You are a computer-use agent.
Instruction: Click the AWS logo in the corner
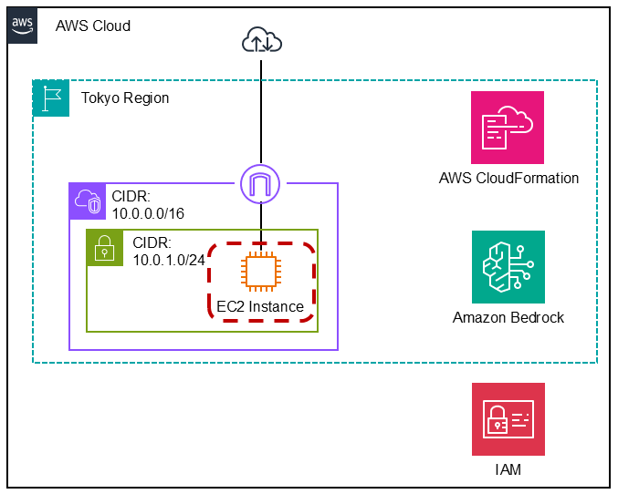tap(24, 25)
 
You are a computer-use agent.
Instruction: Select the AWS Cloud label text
tap(93, 26)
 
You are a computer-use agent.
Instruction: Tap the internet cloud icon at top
tap(262, 39)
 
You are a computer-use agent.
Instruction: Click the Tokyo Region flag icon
tap(51, 98)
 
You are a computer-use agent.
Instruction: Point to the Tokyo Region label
tap(125, 98)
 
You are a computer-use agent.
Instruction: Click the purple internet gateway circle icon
tap(261, 184)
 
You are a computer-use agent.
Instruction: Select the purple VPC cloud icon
tap(88, 201)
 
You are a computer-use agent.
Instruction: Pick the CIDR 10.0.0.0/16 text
tap(146, 205)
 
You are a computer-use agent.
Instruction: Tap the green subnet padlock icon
tap(104, 247)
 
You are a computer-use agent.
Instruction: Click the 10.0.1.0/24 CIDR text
tap(168, 252)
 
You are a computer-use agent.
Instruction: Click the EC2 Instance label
tap(260, 307)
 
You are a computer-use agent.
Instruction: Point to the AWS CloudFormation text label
tap(508, 179)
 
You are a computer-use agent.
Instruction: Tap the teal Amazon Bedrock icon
tap(508, 267)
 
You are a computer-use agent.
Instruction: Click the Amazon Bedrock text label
tap(508, 318)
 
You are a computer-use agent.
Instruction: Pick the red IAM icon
tap(508, 419)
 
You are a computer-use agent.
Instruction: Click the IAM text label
tap(508, 470)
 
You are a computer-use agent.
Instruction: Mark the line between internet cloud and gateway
tap(262, 109)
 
